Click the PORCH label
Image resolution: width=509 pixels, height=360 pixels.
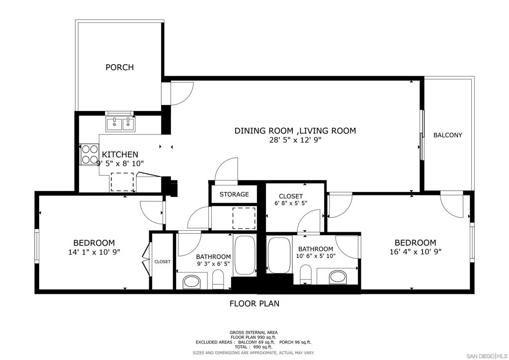coord(119,67)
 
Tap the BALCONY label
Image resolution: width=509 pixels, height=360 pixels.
coord(448,135)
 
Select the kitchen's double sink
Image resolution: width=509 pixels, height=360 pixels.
coord(120,124)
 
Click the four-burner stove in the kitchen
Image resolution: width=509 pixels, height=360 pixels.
coord(89,154)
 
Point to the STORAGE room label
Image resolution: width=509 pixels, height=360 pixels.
coord(234,194)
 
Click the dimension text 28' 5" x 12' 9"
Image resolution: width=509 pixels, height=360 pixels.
coord(295,140)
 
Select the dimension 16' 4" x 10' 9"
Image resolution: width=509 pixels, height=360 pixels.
coord(415,251)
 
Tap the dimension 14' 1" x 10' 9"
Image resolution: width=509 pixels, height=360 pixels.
coord(94,252)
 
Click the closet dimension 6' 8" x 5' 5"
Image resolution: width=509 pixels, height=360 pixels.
coord(291,203)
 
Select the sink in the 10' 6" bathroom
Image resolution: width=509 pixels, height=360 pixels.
coord(338,277)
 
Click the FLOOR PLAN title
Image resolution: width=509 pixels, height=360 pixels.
coord(254,303)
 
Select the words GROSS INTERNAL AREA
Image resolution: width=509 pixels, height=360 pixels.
coord(254,333)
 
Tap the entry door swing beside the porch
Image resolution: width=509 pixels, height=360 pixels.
coord(182,94)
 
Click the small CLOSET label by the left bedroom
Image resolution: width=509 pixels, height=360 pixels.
coord(163,262)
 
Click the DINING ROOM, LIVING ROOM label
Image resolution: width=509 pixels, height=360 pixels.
coord(295,130)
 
